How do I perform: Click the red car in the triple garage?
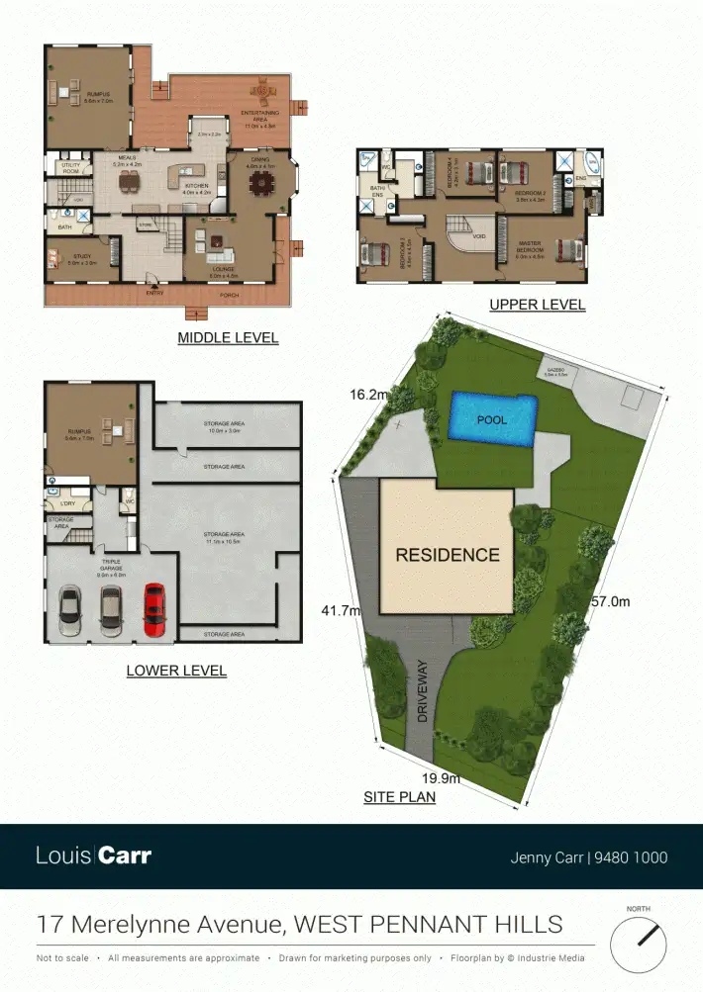[x=153, y=609]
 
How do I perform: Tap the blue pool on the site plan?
[x=493, y=419]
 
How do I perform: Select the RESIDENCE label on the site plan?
[x=448, y=555]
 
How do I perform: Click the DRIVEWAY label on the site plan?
[x=423, y=691]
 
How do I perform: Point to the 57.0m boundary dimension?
[x=610, y=600]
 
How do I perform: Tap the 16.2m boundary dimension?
[x=367, y=394]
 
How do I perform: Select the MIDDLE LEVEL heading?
[x=228, y=338]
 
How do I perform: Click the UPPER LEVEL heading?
[x=538, y=305]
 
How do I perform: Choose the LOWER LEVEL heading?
[x=176, y=671]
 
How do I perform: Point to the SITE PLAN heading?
[x=400, y=796]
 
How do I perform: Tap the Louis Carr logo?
[x=94, y=856]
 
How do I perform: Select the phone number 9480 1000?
[x=631, y=857]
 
